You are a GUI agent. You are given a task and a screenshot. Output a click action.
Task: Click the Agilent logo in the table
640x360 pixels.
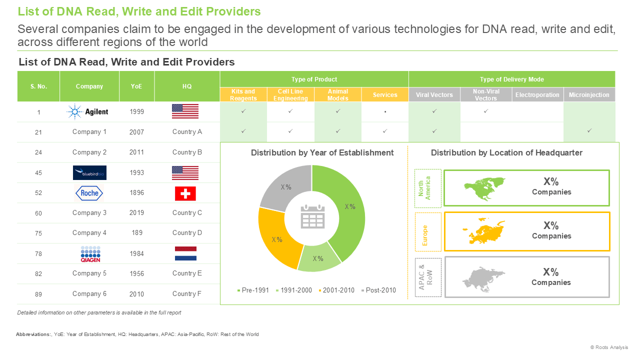click(87, 111)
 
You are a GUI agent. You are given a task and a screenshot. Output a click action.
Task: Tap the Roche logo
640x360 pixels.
click(89, 193)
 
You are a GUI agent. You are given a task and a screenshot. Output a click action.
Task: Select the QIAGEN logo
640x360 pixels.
click(90, 254)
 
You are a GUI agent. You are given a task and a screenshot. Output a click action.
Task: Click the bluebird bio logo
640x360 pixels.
click(89, 172)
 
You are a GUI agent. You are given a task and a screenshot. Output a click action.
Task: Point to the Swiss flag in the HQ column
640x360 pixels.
click(185, 193)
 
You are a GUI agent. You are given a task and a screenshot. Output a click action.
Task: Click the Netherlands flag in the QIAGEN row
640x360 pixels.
click(185, 253)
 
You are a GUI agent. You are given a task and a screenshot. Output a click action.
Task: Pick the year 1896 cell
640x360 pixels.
click(136, 193)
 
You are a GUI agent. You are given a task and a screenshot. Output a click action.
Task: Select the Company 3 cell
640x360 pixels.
click(89, 213)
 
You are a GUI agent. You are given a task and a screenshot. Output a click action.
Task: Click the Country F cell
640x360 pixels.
click(187, 293)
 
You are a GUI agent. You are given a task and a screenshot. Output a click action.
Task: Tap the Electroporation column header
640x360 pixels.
click(537, 95)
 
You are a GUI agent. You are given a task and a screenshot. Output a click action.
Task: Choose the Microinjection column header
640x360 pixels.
click(589, 95)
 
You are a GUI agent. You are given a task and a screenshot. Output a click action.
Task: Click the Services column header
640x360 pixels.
click(385, 95)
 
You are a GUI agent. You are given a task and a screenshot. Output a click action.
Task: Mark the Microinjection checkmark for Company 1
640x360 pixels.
click(589, 131)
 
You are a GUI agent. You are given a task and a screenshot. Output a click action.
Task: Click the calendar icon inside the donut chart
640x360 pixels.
click(312, 216)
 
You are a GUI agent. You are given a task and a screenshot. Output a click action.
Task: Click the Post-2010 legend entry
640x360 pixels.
click(378, 290)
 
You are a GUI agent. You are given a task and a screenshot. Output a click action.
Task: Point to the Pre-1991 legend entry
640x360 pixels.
click(253, 290)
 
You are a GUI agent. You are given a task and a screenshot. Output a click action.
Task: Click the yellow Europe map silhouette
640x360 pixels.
click(483, 231)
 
